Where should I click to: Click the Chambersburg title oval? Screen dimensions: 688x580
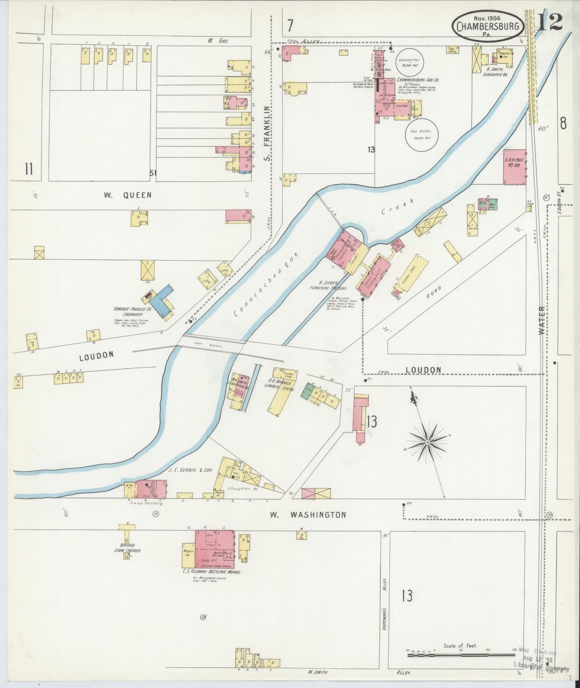(x=487, y=26)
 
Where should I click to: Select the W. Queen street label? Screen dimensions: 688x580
(x=128, y=195)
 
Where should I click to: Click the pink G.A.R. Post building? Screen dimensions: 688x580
(x=514, y=167)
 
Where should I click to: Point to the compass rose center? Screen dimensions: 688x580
(x=427, y=442)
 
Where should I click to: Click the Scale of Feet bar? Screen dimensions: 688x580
(x=460, y=655)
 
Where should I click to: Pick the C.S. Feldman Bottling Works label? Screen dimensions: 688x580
(x=212, y=572)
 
